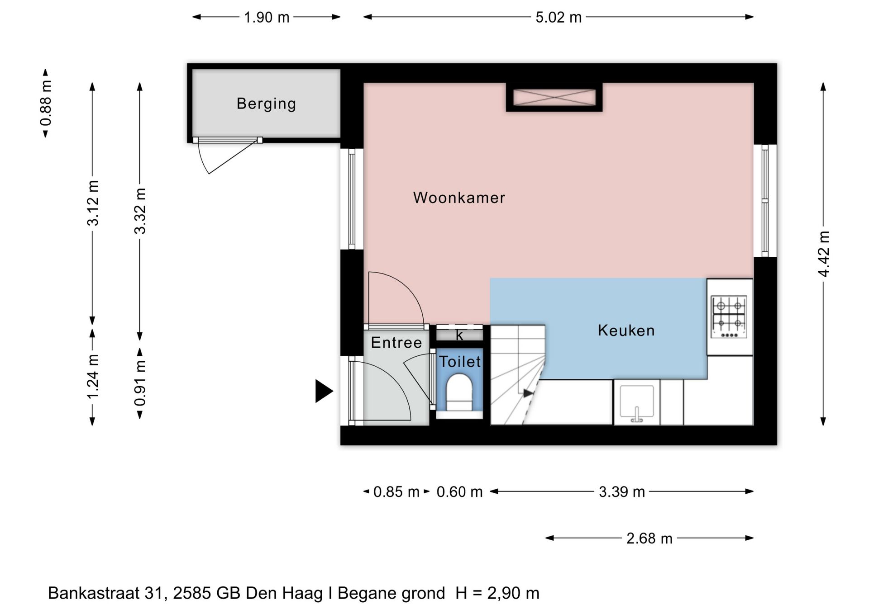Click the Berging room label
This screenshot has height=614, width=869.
coord(266,104)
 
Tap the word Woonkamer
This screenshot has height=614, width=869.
coord(459,198)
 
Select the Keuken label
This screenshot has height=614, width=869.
coord(626,331)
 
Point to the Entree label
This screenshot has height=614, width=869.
coord(396,343)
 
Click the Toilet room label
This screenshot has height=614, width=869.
coord(460,362)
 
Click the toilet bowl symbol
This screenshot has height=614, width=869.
coord(459,392)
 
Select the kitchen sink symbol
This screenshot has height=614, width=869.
coord(636,403)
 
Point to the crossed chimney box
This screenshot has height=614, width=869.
coord(554,98)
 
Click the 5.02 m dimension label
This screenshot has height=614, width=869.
coord(559,18)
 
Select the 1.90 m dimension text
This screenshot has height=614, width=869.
coord(267,18)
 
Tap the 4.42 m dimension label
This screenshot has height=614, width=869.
coord(824,254)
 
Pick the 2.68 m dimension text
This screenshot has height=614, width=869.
coord(649,538)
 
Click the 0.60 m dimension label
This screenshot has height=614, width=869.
coord(459,492)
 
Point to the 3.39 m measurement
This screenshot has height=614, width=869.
coord(621,492)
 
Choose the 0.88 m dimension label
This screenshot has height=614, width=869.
coord(46,103)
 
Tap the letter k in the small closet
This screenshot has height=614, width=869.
coord(459,335)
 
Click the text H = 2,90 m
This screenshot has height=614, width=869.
coord(497,593)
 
